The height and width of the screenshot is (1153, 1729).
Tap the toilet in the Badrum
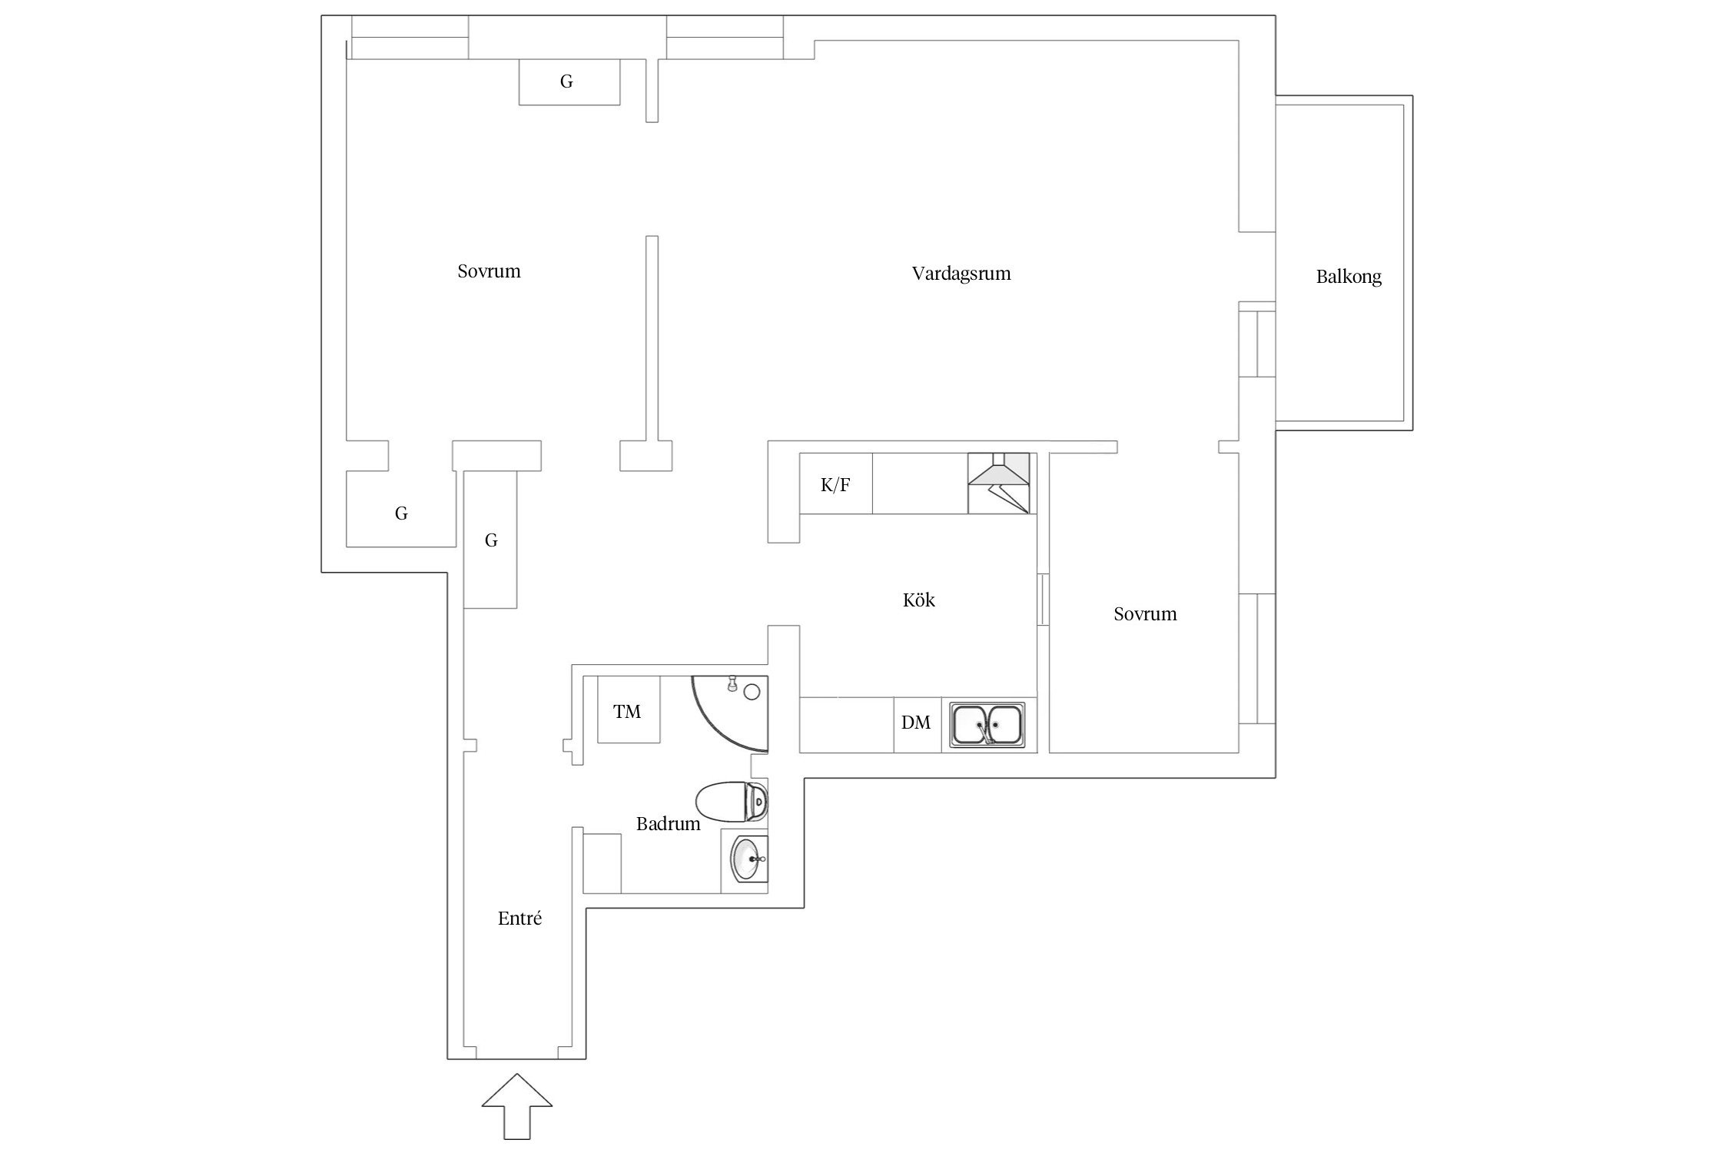tap(732, 802)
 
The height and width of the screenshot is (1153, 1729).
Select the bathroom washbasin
tap(746, 859)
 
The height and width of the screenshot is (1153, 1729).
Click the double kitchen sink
tap(987, 723)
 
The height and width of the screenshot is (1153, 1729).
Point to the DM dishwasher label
tap(916, 723)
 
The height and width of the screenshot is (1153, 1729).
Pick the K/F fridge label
tap(835, 485)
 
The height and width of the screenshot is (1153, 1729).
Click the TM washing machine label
tap(627, 712)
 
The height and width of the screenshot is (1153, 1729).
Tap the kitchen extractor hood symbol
tap(999, 483)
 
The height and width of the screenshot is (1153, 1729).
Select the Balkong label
tap(1349, 277)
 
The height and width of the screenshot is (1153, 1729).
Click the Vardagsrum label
tap(961, 274)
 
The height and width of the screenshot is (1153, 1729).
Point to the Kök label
tap(919, 600)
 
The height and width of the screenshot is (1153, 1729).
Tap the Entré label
tap(519, 918)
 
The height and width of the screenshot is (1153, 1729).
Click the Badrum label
tap(668, 824)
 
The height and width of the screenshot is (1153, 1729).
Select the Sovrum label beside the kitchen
tap(1145, 613)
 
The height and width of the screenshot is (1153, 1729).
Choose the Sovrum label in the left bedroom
tap(489, 271)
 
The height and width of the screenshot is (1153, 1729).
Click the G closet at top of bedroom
tap(569, 81)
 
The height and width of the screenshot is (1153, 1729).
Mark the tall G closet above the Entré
tap(490, 540)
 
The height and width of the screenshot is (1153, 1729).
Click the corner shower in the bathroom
tap(730, 714)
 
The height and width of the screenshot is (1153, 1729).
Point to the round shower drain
tap(752, 693)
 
